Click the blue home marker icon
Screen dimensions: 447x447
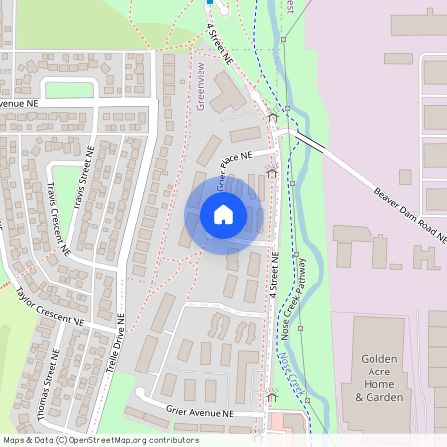pos(223,215)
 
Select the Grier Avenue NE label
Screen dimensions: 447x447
pos(200,413)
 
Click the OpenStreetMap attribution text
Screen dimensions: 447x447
pos(99,440)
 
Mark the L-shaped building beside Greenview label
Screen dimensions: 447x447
pos(229,95)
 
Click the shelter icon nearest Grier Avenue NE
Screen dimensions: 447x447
pos(272,397)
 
